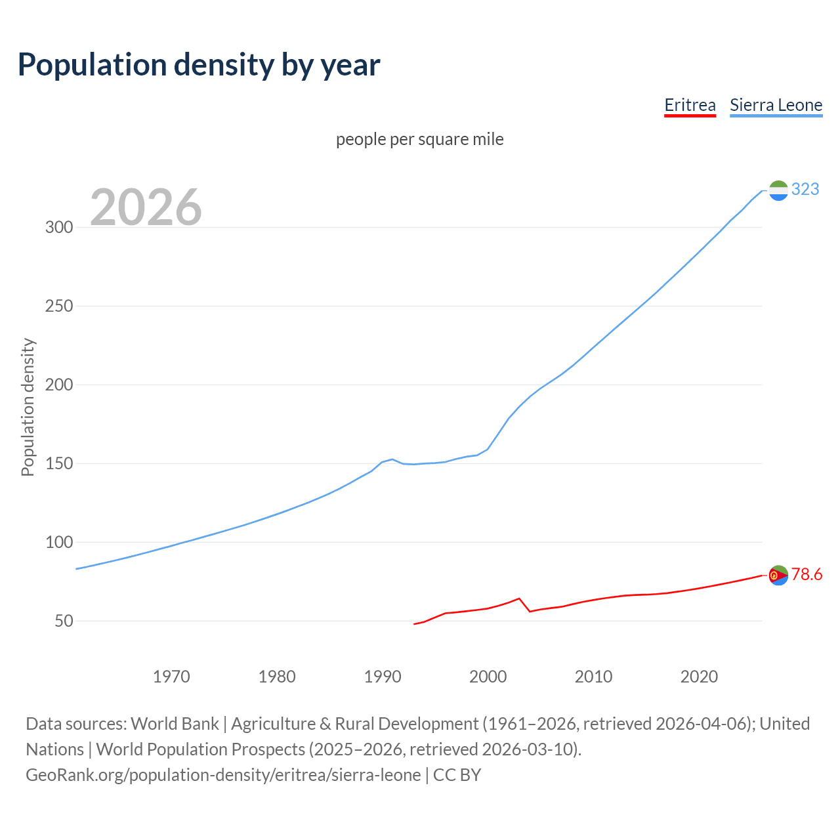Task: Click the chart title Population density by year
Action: pos(199,65)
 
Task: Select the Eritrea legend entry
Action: pos(690,105)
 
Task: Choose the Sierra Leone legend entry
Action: pos(776,105)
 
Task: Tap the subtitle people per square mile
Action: pos(419,139)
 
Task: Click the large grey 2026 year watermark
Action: pos(146,207)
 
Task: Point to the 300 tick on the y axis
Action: pos(58,228)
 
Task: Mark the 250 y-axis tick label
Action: pos(58,306)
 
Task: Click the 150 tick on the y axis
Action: pos(58,464)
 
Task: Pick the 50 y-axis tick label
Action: pos(64,621)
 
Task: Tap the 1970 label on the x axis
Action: pos(171,677)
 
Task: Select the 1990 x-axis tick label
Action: pos(383,677)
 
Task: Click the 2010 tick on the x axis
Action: pos(593,677)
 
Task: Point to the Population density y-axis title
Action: pos(28,407)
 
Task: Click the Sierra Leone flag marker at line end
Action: pos(778,190)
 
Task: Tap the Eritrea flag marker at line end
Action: pos(778,575)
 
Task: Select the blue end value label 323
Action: pos(805,190)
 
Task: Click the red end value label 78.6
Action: pos(807,575)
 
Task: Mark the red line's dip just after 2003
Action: pos(530,611)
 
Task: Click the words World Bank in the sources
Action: pos(175,724)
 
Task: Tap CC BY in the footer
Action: pos(457,775)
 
